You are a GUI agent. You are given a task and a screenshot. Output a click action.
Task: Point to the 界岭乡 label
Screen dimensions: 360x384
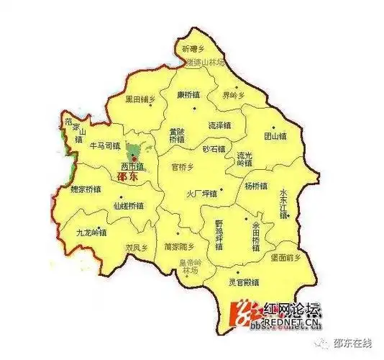[x=234, y=94]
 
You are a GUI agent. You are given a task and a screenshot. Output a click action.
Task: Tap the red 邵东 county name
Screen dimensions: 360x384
[x=129, y=175]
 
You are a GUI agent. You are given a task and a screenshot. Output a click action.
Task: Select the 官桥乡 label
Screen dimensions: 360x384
[x=183, y=166]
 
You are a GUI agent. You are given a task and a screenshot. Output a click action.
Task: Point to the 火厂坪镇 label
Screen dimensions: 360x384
[x=201, y=192]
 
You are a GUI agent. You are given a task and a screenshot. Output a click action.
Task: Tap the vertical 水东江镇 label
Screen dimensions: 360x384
[x=283, y=204]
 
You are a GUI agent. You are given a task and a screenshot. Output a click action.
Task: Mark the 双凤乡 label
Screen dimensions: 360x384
[x=136, y=247]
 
